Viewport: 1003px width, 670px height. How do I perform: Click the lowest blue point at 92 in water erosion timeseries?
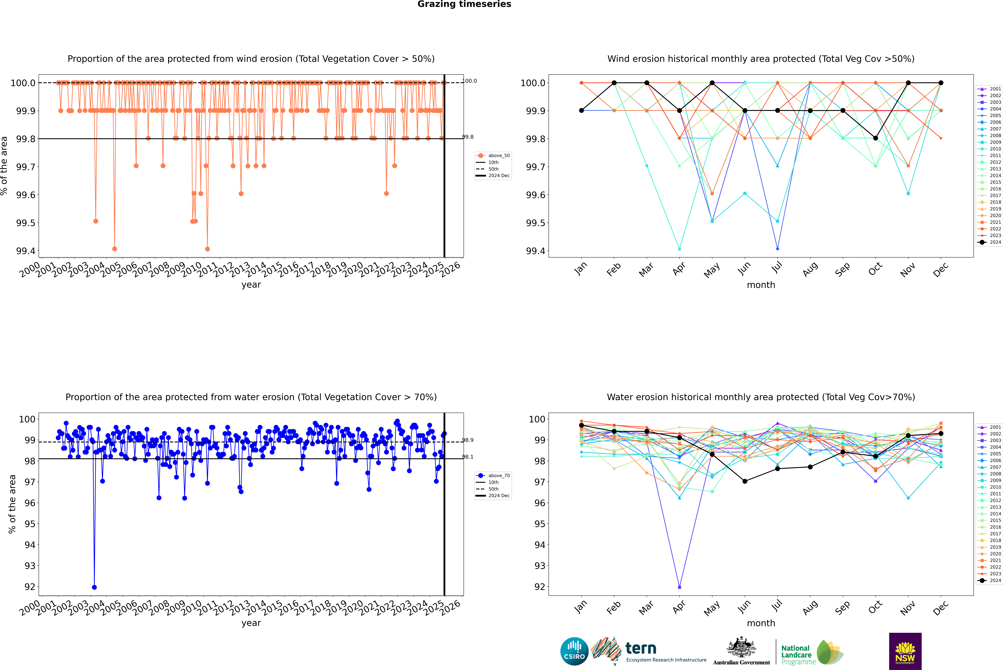click(94, 587)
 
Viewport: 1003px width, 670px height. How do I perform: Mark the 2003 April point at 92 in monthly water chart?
click(679, 587)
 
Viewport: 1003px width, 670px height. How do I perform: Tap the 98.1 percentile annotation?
click(468, 457)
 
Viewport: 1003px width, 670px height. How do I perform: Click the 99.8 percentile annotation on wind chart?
click(468, 137)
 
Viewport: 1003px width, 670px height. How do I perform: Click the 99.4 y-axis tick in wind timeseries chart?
click(26, 251)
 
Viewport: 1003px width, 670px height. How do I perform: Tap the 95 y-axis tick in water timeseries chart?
click(30, 524)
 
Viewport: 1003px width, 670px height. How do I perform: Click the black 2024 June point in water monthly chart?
click(745, 481)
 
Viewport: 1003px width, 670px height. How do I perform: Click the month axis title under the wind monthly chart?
click(761, 285)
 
